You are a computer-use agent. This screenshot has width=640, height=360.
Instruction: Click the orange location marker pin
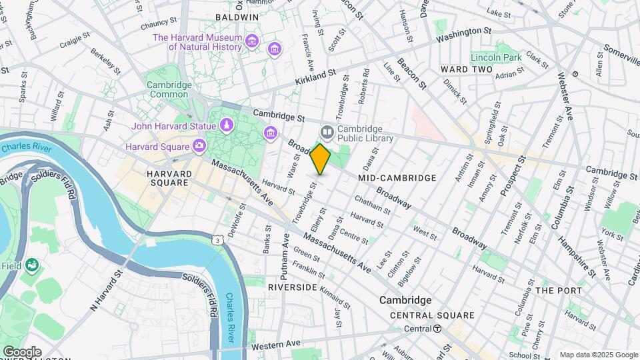point(321,159)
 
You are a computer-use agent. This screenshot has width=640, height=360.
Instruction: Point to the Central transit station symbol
point(437,329)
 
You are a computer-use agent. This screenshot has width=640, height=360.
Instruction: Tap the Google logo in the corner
point(21,351)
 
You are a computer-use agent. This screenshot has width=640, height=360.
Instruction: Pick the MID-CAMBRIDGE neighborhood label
point(397,178)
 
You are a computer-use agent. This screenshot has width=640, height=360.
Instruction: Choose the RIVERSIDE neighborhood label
point(292,287)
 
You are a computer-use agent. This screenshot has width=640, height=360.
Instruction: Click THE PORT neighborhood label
point(559,291)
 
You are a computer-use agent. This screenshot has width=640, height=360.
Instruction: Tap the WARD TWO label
point(467,69)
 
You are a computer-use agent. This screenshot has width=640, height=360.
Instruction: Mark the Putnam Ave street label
point(285,257)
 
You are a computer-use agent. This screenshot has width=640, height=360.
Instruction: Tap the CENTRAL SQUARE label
point(432,315)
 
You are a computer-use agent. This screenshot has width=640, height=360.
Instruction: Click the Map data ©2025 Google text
point(599,355)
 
